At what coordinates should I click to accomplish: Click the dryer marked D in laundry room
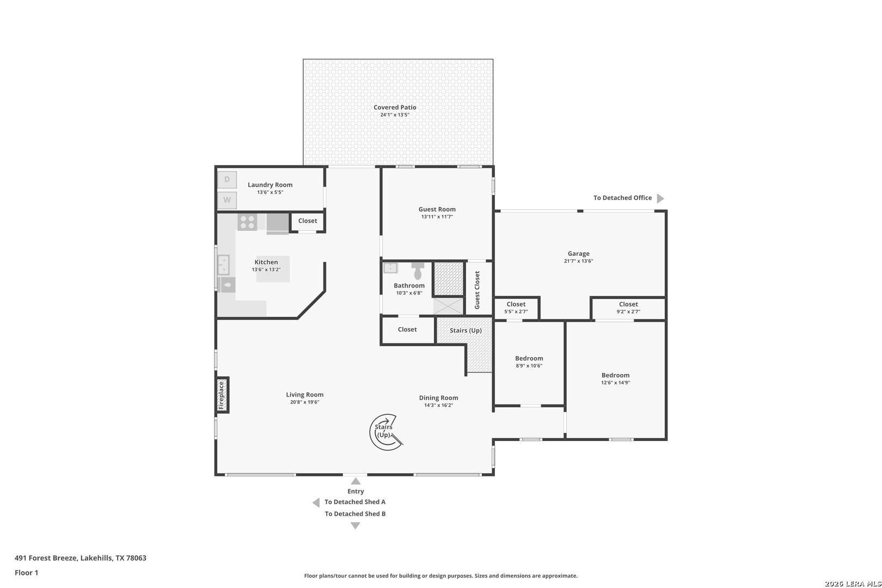pyautogui.click(x=227, y=180)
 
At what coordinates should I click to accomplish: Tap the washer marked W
pyautogui.click(x=227, y=200)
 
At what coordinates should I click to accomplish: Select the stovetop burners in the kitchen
pyautogui.click(x=247, y=222)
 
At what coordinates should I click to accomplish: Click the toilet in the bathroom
pyautogui.click(x=418, y=270)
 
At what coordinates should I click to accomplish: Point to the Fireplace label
pyautogui.click(x=221, y=395)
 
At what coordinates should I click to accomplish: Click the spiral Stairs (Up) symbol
pyautogui.click(x=385, y=432)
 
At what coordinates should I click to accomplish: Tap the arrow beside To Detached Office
pyautogui.click(x=660, y=198)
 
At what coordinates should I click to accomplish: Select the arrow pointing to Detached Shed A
pyautogui.click(x=316, y=503)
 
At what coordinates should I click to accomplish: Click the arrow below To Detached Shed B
pyautogui.click(x=355, y=525)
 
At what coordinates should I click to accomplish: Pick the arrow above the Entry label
pyautogui.click(x=356, y=481)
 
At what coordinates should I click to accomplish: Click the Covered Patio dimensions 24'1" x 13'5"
pyautogui.click(x=395, y=115)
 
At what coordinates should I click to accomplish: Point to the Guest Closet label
pyautogui.click(x=477, y=290)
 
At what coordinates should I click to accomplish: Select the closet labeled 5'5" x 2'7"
pyautogui.click(x=516, y=308)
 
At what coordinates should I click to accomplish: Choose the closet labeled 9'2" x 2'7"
pyautogui.click(x=628, y=308)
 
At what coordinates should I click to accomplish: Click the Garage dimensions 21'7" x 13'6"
pyautogui.click(x=578, y=261)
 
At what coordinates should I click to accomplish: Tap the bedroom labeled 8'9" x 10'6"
pyautogui.click(x=529, y=363)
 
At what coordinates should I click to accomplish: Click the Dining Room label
pyautogui.click(x=439, y=398)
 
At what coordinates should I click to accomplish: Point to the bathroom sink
pyautogui.click(x=390, y=268)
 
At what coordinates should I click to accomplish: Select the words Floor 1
pyautogui.click(x=26, y=573)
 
